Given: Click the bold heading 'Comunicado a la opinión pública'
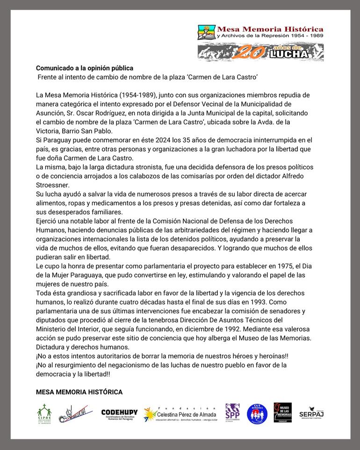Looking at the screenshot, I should [x=85, y=68].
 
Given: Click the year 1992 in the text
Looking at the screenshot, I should [x=227, y=329].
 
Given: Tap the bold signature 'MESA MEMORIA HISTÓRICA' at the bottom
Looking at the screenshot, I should [x=79, y=392].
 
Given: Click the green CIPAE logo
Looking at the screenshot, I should [x=44, y=413].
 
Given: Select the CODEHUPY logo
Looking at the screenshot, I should [x=119, y=414].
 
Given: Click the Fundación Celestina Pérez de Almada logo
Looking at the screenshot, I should [x=180, y=414].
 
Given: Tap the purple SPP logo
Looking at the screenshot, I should [x=232, y=413].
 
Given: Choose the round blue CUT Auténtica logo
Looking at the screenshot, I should [x=257, y=414].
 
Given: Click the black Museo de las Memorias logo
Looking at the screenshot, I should [x=282, y=413].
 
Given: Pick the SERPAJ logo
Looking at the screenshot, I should [x=311, y=413].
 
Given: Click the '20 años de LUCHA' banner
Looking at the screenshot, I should [x=260, y=52].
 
